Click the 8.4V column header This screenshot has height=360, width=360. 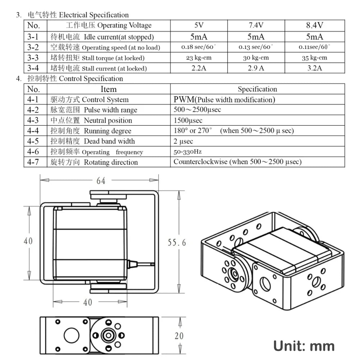[314, 25]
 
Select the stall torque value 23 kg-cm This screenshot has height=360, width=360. [199, 58]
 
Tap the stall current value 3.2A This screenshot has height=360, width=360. [314, 68]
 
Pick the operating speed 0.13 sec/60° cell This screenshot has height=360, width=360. [256, 47]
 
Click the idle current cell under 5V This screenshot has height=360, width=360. [199, 37]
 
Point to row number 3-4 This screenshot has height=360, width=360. [33, 68]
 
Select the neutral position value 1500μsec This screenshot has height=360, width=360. [188, 120]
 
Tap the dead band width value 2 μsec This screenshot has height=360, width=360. [183, 141]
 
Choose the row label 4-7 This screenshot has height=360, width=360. [33, 162]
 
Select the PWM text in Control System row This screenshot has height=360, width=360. [183, 100]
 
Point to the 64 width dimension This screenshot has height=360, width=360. [101, 181]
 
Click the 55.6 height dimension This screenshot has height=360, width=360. [177, 243]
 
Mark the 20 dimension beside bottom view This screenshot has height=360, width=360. [179, 336]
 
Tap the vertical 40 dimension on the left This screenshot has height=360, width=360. [28, 241]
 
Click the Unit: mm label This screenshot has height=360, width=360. [304, 346]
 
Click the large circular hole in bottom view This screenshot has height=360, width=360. [71, 336]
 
